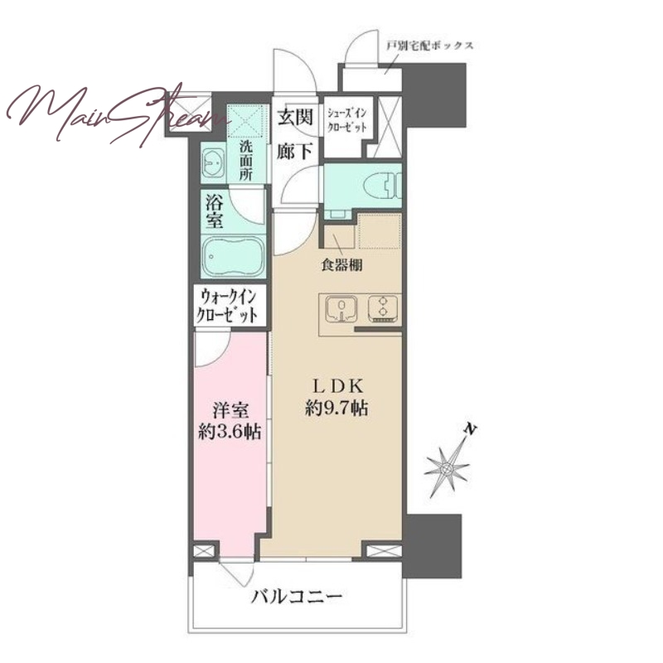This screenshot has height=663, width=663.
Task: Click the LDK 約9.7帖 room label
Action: [x=336, y=398]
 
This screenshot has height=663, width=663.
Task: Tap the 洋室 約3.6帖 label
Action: [x=230, y=421]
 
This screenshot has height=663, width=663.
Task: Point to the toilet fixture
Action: [x=382, y=185]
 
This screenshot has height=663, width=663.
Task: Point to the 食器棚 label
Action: [x=342, y=265]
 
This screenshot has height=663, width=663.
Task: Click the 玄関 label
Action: [x=296, y=116]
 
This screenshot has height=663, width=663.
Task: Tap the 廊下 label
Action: [x=296, y=151]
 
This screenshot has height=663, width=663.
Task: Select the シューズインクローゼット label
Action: [x=347, y=120]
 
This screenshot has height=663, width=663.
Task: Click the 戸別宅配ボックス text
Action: [x=429, y=46]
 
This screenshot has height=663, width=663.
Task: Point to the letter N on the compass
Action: [x=469, y=430]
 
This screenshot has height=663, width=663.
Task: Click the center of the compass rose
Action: [x=447, y=469]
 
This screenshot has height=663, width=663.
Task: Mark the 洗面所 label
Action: [x=245, y=161]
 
